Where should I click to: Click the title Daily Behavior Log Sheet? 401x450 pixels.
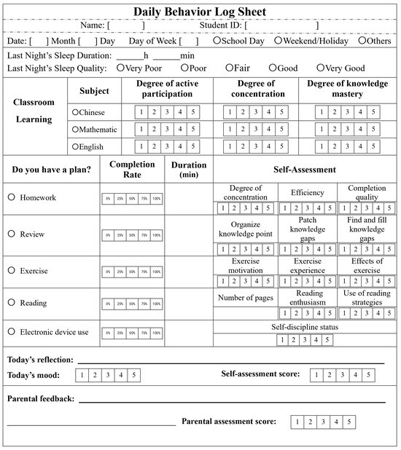click(200, 11)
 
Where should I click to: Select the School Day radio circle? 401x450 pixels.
click(217, 41)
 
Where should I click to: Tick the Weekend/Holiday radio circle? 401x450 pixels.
click(268, 41)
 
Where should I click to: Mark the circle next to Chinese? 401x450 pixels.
click(75, 112)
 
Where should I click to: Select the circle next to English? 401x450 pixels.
click(75, 146)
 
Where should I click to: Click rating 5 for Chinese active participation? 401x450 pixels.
click(193, 112)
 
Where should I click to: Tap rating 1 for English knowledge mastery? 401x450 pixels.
click(322, 146)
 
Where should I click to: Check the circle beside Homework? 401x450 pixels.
click(11, 197)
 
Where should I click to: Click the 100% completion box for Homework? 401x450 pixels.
click(156, 198)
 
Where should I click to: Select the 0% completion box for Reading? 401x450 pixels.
click(107, 304)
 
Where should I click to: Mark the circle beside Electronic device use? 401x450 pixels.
click(11, 332)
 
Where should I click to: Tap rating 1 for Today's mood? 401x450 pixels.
click(82, 376)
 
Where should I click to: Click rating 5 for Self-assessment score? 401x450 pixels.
click(367, 376)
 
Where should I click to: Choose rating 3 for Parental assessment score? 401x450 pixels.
click(322, 422)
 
